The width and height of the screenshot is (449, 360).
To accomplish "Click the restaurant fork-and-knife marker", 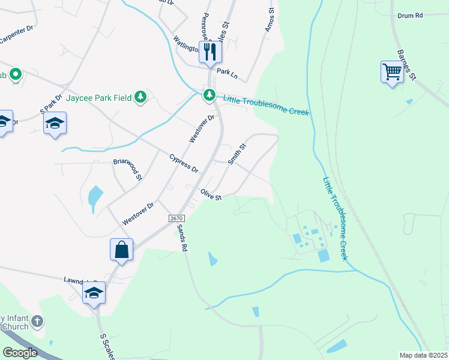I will point(209,52).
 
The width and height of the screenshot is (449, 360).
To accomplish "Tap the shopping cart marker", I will point(391,73).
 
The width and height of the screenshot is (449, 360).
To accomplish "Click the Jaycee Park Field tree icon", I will point(140,97).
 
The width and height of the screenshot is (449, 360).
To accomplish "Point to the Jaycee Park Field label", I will point(99,97).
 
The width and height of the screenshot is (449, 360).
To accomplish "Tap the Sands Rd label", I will point(182,238).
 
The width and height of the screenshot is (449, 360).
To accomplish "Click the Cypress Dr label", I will point(184,162).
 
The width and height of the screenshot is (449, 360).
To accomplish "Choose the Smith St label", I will point(237,154).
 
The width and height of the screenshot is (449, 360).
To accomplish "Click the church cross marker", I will point(37,322).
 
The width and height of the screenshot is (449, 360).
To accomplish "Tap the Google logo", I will point(20,352).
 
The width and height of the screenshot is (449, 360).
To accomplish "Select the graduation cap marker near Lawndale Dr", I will point(94,293).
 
